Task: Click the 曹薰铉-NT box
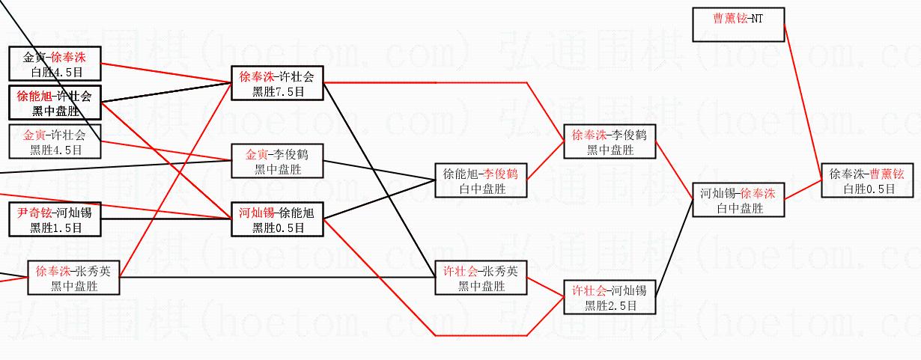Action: (x=738, y=24)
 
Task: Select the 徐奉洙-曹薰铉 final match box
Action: (x=867, y=180)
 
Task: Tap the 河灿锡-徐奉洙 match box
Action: (x=738, y=200)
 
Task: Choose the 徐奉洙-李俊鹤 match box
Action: (x=610, y=141)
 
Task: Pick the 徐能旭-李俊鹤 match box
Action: (x=481, y=180)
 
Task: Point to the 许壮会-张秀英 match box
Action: (x=481, y=278)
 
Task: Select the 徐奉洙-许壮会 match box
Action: (x=277, y=83)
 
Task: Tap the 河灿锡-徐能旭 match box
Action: (x=277, y=219)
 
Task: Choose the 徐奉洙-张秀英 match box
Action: (x=73, y=278)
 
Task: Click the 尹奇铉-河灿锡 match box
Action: (x=54, y=219)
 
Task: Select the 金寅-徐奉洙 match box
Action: (x=54, y=64)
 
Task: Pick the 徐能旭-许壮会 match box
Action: (x=54, y=103)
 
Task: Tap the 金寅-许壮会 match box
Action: (x=54, y=141)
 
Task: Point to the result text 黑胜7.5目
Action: (x=277, y=91)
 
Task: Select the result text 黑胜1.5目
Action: (x=54, y=228)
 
